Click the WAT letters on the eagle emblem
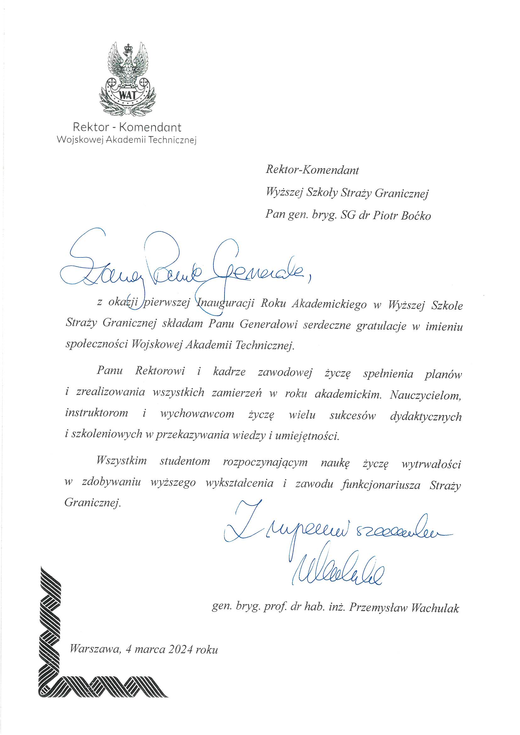(127, 95)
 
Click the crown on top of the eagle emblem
(129, 48)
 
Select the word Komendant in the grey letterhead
(150, 127)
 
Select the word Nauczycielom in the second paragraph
(426, 395)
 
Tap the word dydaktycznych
(426, 417)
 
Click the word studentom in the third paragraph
(185, 461)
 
